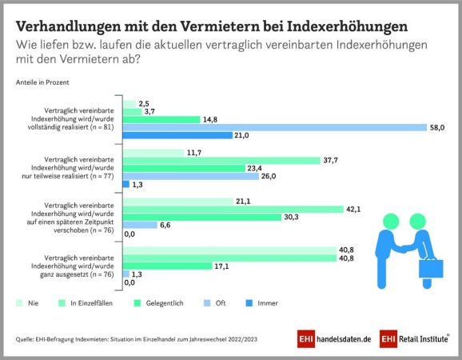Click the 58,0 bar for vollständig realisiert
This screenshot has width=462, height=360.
(x=275, y=127)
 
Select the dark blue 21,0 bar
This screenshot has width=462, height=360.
(x=177, y=135)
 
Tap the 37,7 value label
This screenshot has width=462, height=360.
(x=331, y=160)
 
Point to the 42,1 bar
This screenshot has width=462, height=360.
(x=233, y=210)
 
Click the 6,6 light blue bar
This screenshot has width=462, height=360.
(x=140, y=225)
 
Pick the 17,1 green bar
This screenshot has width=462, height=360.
(x=167, y=266)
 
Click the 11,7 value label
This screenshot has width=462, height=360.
(x=194, y=153)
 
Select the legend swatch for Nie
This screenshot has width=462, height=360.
(x=19, y=303)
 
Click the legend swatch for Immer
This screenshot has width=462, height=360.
(x=249, y=303)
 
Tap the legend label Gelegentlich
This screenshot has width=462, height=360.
(x=165, y=303)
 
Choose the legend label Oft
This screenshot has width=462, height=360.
(x=221, y=303)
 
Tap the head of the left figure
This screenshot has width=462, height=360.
(x=391, y=221)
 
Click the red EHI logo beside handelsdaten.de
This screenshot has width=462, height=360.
(x=306, y=338)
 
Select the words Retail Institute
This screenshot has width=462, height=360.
(x=423, y=339)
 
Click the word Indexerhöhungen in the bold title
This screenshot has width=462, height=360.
(x=347, y=26)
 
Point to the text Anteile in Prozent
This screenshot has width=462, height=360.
(x=42, y=82)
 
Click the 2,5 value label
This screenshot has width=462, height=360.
(x=144, y=104)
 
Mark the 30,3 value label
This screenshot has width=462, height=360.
(x=291, y=217)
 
